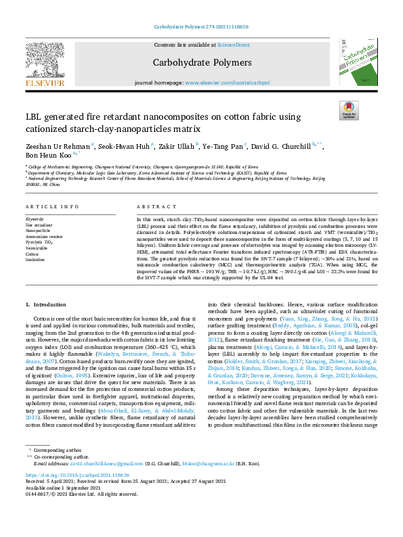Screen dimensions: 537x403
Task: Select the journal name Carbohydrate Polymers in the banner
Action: (x=201, y=63)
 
